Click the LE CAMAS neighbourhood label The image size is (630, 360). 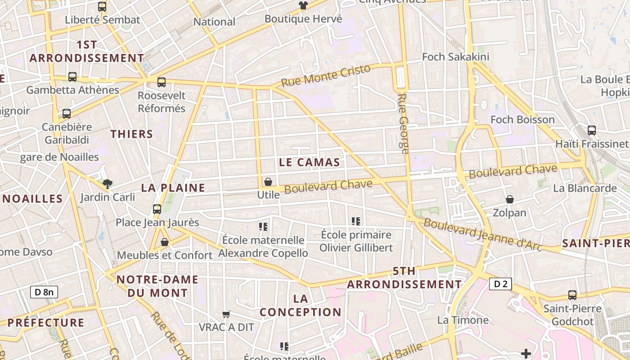click(x=309, y=162)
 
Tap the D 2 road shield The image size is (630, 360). click(x=500, y=284)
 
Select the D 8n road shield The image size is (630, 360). click(x=44, y=292)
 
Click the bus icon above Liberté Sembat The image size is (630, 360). click(x=102, y=7)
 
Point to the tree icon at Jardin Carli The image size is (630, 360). click(x=107, y=184)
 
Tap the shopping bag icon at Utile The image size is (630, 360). click(x=268, y=182)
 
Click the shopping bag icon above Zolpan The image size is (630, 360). click(x=510, y=199)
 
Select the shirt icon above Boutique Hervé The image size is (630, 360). click(x=303, y=5)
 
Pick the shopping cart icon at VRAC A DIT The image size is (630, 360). click(x=226, y=314)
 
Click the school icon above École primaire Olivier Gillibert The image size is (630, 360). click(x=356, y=221)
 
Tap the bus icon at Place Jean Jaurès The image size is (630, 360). click(x=157, y=209)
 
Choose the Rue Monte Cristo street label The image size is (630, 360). click(x=326, y=75)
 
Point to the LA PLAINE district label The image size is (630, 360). click(x=173, y=188)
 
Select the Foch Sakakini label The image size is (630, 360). click(x=455, y=57)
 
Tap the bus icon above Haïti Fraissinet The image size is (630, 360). click(x=592, y=130)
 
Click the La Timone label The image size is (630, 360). click(x=463, y=320)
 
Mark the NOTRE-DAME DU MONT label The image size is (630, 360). click(x=157, y=286)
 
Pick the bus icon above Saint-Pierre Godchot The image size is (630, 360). click(x=572, y=295)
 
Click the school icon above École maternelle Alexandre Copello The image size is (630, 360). click(x=263, y=226)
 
